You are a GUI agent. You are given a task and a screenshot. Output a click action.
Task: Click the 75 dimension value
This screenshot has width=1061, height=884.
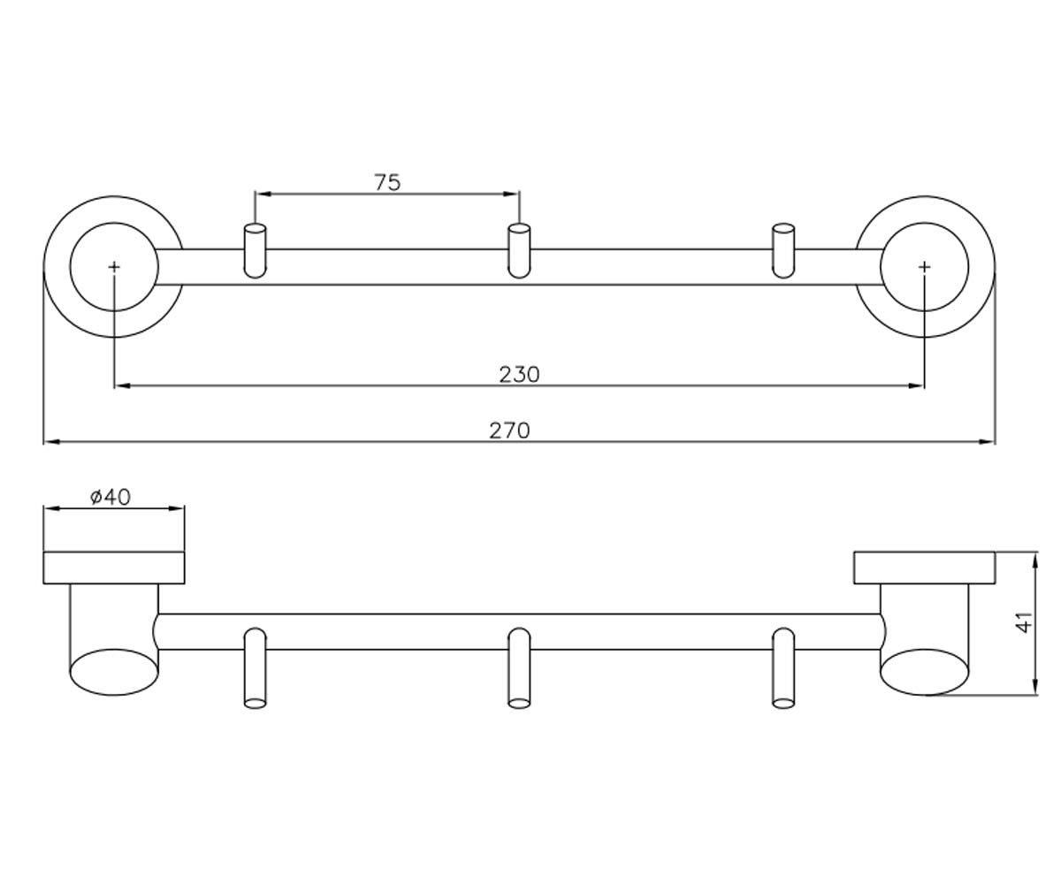tap(388, 182)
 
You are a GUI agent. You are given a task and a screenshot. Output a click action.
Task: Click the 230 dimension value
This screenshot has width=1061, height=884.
tap(519, 375)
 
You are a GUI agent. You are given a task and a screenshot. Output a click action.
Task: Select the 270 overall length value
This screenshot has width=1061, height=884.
tap(509, 431)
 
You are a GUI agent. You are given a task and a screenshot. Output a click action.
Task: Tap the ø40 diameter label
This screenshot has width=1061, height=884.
tap(111, 497)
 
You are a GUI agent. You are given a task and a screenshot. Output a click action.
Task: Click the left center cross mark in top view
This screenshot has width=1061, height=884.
tap(114, 267)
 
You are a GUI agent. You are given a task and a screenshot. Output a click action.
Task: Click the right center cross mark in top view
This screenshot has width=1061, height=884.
tap(924, 267)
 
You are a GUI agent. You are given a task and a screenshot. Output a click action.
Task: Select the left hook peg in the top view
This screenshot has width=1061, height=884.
tap(256, 250)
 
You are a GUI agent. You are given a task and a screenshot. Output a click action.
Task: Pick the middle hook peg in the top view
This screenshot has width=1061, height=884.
tap(519, 250)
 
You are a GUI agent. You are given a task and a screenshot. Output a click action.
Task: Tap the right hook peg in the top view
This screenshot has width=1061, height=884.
tap(783, 250)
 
